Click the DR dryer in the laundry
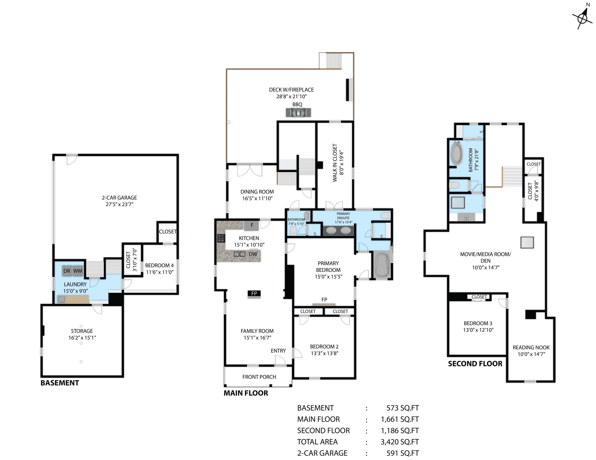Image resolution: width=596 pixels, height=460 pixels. click(x=67, y=271)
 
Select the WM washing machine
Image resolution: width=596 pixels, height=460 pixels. click(x=78, y=271)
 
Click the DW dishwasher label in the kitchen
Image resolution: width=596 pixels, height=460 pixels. click(x=253, y=254)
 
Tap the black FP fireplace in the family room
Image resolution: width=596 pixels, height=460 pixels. click(x=254, y=293)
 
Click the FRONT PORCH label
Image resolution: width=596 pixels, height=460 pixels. click(x=259, y=377)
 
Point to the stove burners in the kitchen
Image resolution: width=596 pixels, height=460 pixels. click(x=221, y=238)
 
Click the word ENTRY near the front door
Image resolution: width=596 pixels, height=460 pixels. click(x=278, y=351)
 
